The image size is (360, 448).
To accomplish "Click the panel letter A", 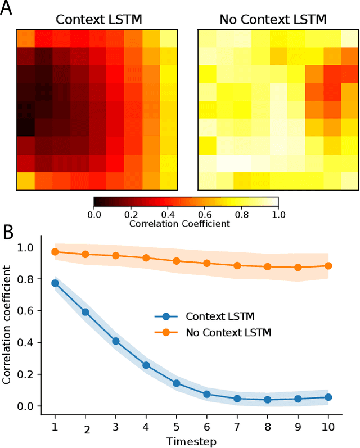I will point(7,10).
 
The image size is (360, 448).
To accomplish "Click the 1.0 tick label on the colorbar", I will point(278,214).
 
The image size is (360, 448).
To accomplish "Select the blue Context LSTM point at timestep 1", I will point(55,283).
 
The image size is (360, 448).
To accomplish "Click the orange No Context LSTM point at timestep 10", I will point(328,265).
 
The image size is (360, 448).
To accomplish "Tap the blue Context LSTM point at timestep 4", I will point(146,365).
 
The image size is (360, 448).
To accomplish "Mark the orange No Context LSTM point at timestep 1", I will point(55,252).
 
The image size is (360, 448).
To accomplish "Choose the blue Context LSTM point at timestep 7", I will point(237,398).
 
